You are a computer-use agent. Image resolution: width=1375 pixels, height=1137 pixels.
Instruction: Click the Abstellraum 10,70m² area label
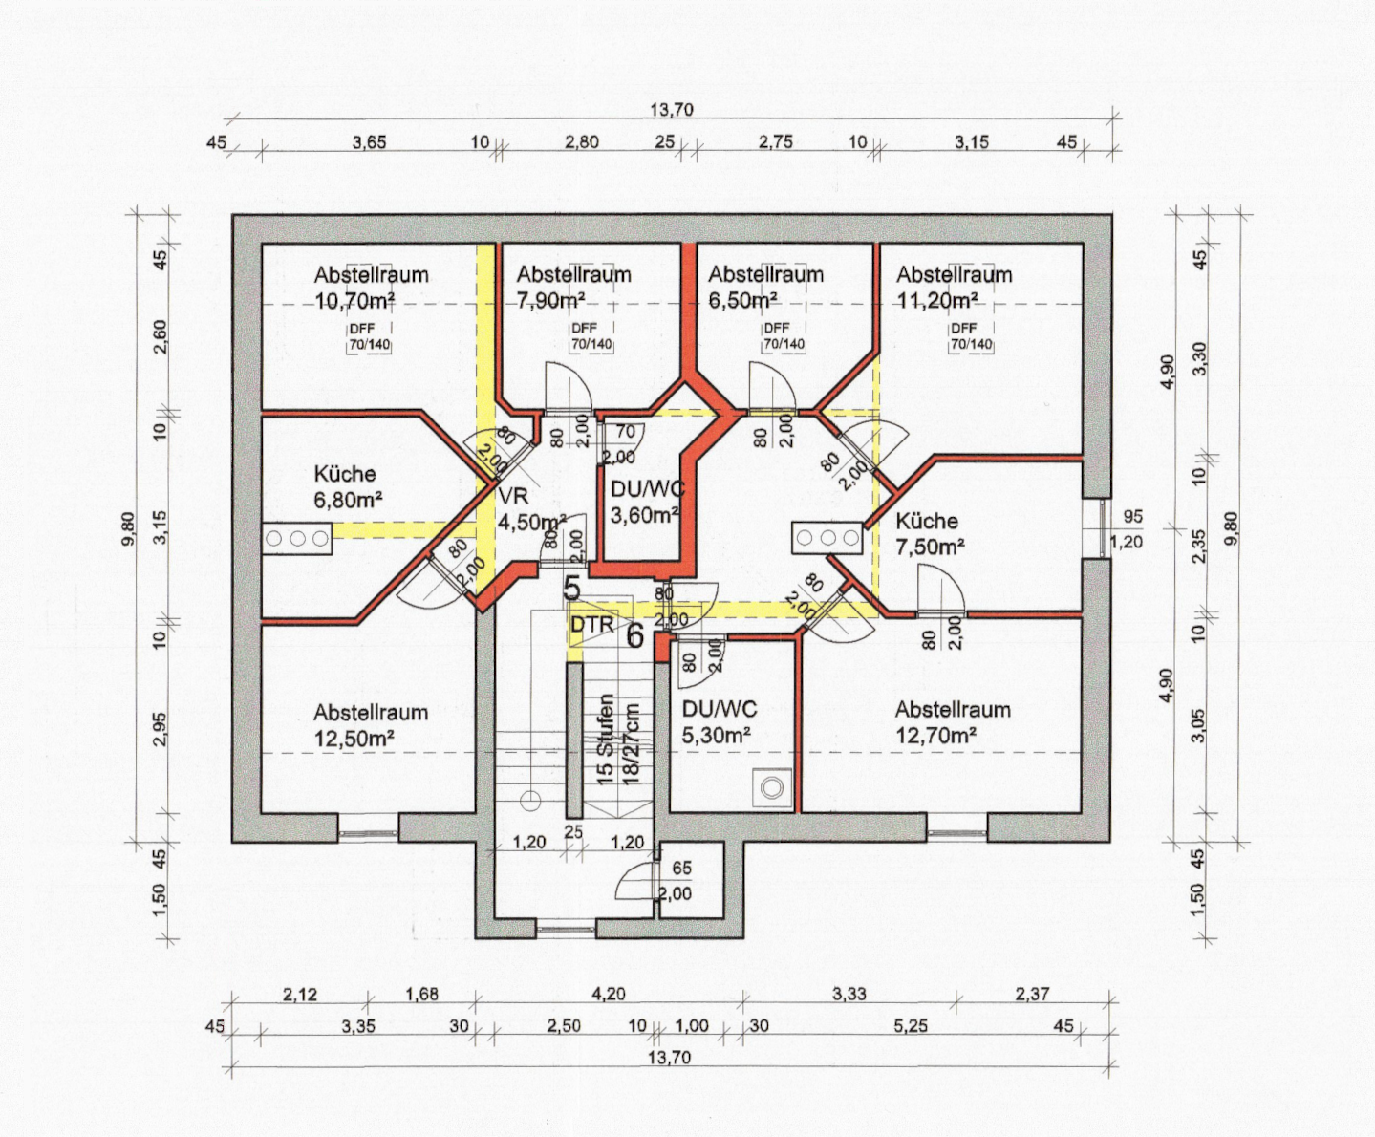pyautogui.click(x=372, y=288)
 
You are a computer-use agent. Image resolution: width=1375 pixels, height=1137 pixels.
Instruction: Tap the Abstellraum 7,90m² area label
pyautogui.click(x=573, y=288)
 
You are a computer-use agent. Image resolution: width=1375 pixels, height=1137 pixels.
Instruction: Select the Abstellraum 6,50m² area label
pyautogui.click(x=766, y=288)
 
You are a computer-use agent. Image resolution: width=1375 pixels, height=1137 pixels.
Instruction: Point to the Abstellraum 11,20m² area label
pyautogui.click(x=955, y=288)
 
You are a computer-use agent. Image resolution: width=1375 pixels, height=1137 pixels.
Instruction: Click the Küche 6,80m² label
pyautogui.click(x=348, y=487)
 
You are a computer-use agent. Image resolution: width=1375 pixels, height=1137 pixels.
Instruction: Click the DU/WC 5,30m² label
pyautogui.click(x=720, y=722)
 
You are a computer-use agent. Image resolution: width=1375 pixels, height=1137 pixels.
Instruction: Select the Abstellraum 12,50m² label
pyautogui.click(x=371, y=725)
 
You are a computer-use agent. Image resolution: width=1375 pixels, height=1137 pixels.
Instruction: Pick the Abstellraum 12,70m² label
pyautogui.click(x=953, y=722)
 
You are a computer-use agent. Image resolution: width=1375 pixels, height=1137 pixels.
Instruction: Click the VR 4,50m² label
pyautogui.click(x=531, y=508)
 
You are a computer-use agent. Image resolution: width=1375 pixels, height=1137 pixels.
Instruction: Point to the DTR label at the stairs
pyautogui.click(x=592, y=624)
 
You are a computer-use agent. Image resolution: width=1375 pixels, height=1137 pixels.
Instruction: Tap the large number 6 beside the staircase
pyautogui.click(x=635, y=636)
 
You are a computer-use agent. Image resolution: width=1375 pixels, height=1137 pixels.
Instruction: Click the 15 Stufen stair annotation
pyautogui.click(x=605, y=739)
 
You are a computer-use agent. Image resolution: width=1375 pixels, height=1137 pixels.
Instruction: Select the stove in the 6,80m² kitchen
pyautogui.click(x=297, y=539)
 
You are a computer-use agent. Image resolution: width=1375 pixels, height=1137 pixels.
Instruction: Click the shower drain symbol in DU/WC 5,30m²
pyautogui.click(x=772, y=787)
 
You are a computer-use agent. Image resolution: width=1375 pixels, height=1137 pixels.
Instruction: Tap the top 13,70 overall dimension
pyautogui.click(x=672, y=110)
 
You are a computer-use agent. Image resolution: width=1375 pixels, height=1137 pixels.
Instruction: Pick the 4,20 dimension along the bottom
pyautogui.click(x=609, y=994)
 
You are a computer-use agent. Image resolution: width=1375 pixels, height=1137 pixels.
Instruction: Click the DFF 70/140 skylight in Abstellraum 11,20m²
pyautogui.click(x=971, y=336)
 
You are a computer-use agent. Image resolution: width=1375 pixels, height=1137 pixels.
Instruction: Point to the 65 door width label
pyautogui.click(x=681, y=869)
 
